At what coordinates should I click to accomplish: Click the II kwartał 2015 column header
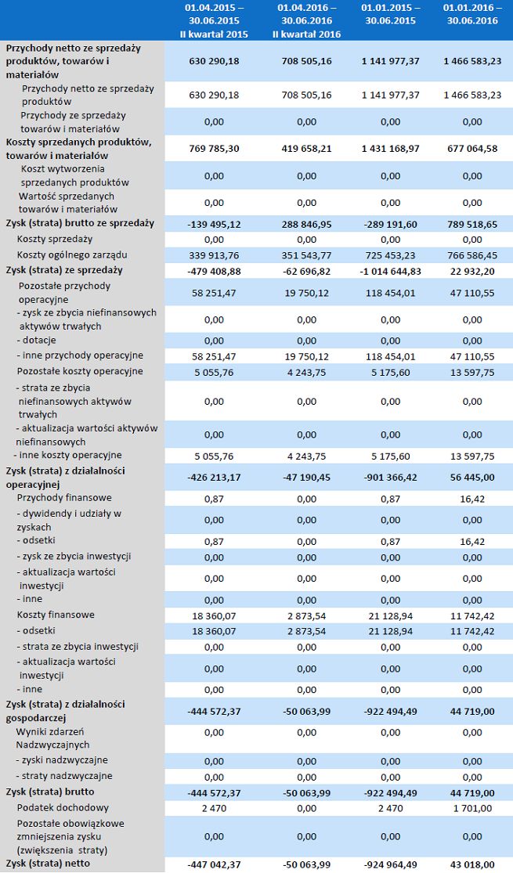[214, 21]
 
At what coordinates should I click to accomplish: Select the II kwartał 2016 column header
[306, 21]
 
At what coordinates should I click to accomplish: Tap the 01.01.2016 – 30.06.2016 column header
[471, 14]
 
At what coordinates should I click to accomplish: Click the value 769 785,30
[214, 149]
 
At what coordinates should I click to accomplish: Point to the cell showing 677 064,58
[471, 149]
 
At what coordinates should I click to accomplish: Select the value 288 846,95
[306, 223]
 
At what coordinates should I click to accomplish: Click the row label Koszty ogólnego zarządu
[72, 254]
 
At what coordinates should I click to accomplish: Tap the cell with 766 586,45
[471, 254]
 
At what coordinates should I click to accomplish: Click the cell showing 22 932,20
[471, 270]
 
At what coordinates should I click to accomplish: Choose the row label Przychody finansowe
[64, 497]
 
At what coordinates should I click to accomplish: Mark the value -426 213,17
[214, 477]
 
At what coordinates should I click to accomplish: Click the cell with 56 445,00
[471, 477]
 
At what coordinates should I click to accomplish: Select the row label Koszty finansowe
[56, 615]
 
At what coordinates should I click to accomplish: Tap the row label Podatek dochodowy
[63, 807]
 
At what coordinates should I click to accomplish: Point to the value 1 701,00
[471, 807]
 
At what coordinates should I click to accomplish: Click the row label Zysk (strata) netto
[48, 863]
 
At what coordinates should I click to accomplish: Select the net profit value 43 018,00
[471, 864]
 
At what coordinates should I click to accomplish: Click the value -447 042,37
[214, 864]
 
